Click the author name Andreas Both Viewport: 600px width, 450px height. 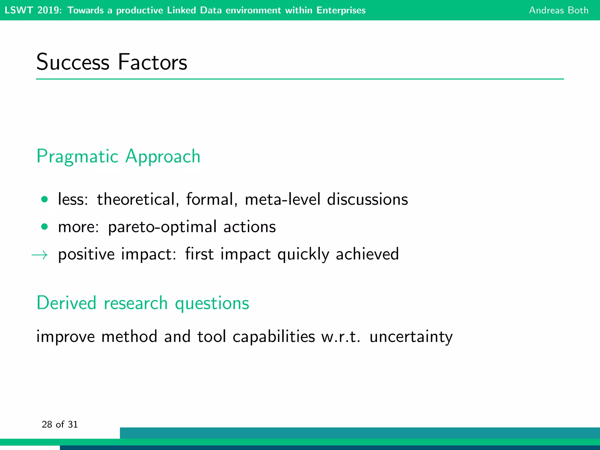[x=558, y=10]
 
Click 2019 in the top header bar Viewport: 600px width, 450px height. [x=49, y=10]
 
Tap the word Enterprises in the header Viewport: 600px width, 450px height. [x=341, y=10]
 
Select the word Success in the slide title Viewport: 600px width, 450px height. [x=73, y=62]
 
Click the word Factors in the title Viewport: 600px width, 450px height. [x=152, y=62]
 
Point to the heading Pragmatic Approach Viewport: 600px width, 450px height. [x=118, y=156]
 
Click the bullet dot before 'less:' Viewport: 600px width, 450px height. [x=45, y=200]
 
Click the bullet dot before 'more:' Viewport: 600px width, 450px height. [x=45, y=227]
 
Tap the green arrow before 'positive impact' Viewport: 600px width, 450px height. [x=40, y=255]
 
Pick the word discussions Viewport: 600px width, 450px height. [x=367, y=200]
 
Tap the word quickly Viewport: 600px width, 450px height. [x=303, y=254]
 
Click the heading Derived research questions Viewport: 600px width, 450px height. [x=143, y=303]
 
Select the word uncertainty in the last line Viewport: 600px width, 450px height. [x=411, y=337]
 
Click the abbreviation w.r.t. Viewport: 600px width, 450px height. [x=341, y=337]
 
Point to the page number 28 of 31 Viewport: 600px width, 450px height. [x=60, y=424]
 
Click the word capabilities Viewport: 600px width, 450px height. [x=274, y=337]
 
